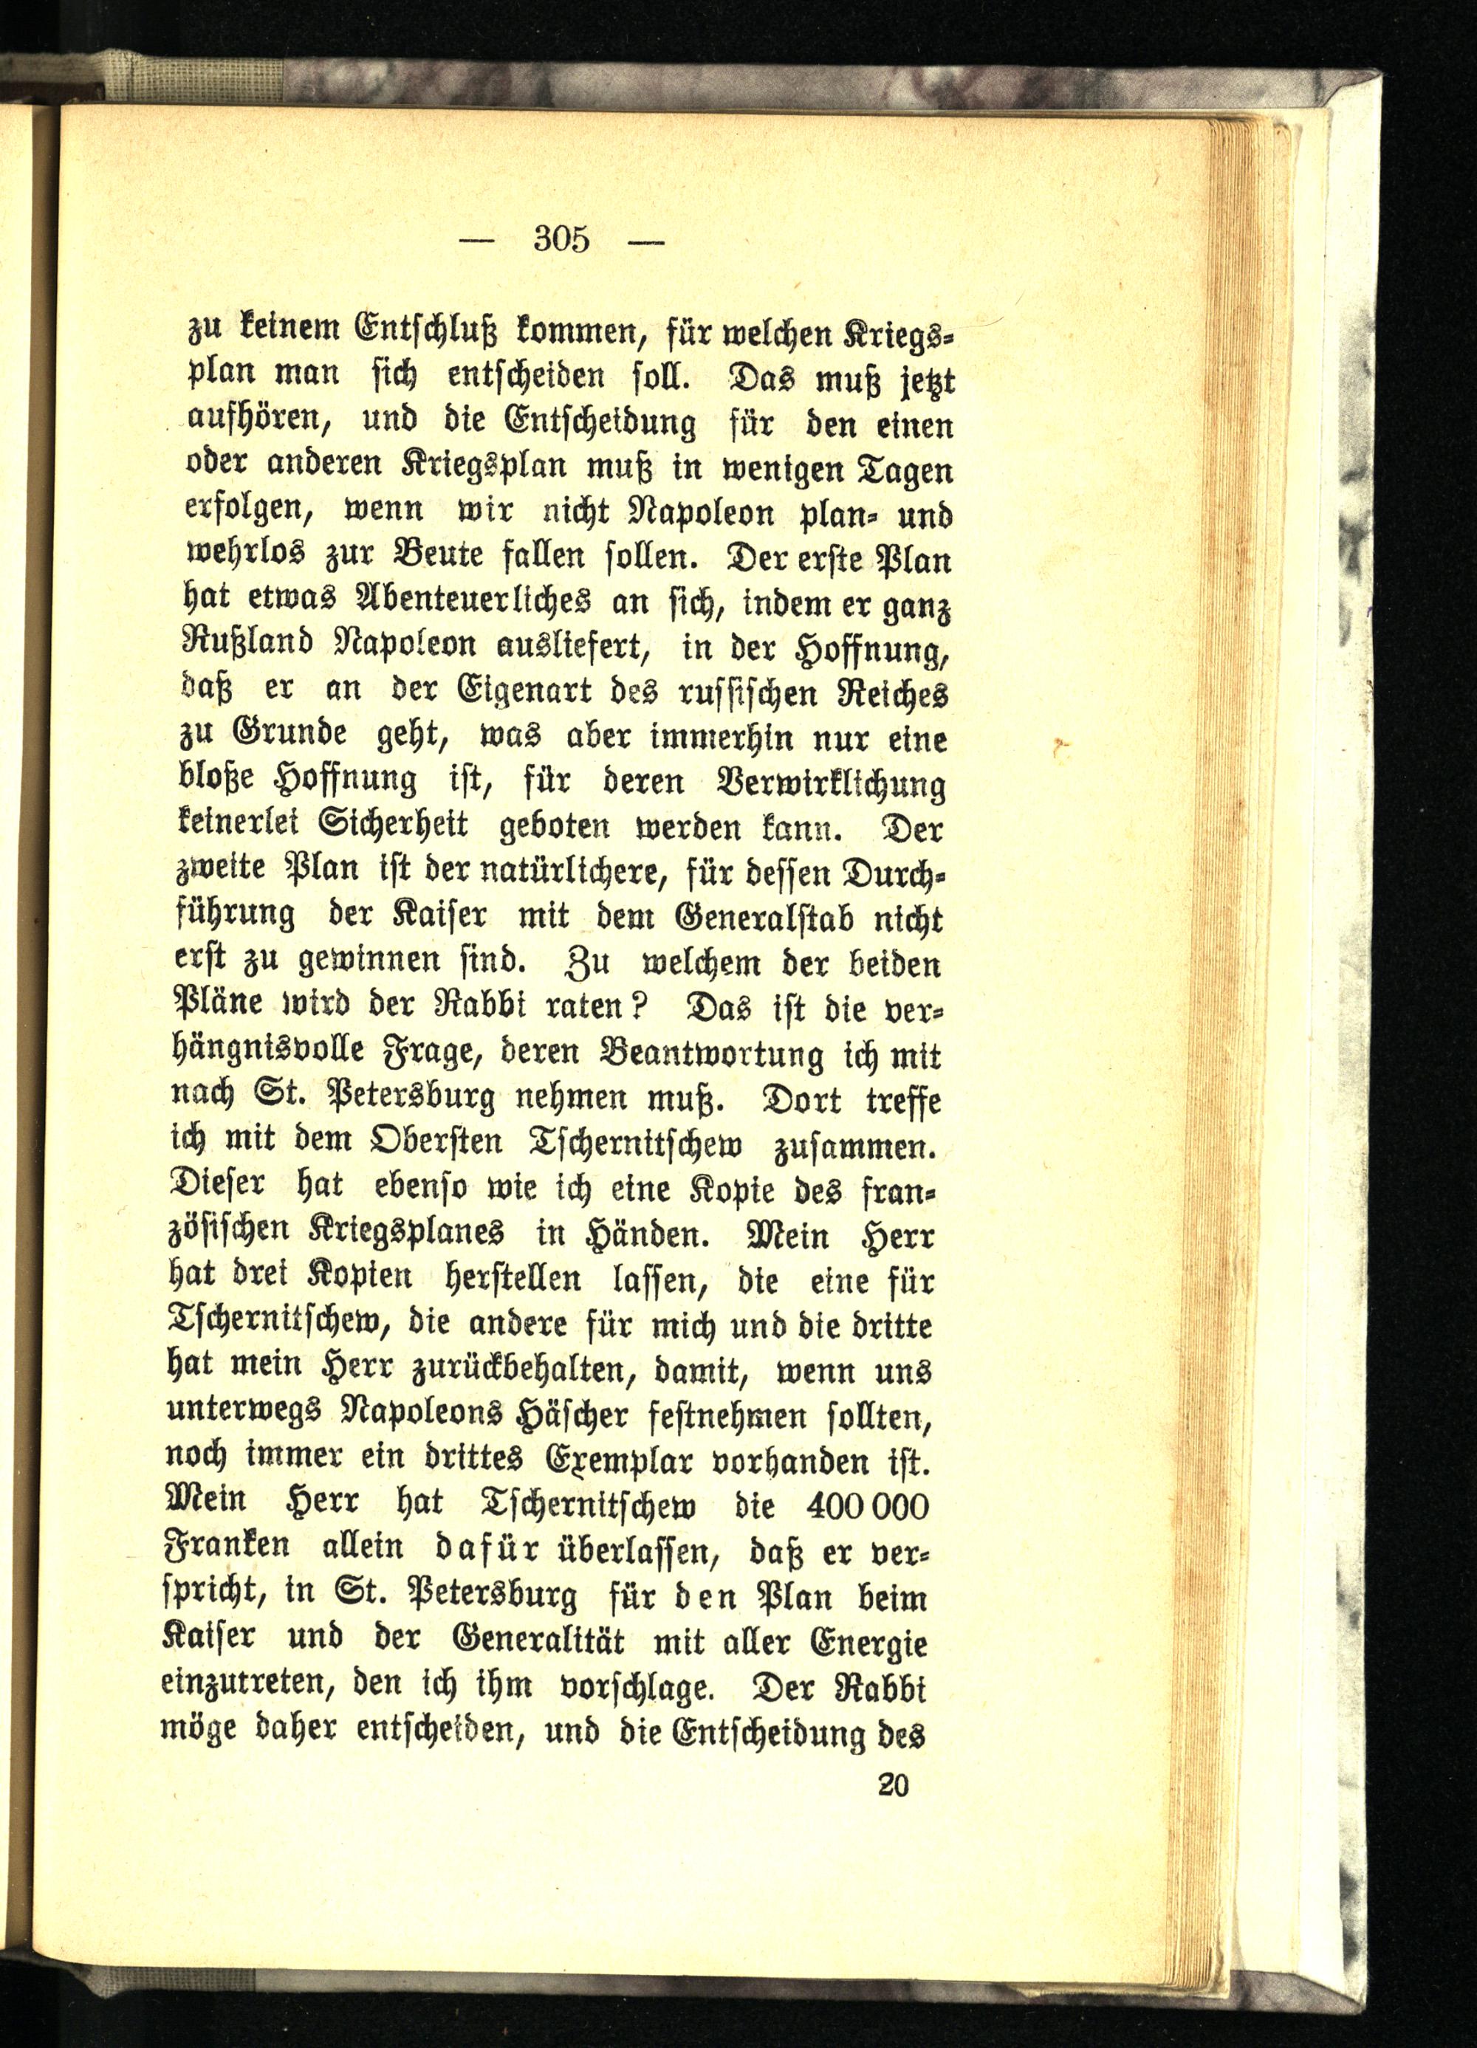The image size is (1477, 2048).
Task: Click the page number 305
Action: point(561,240)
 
